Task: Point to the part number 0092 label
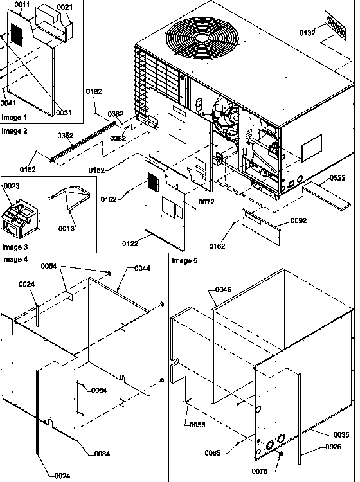(x=298, y=220)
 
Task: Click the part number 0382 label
(x=115, y=114)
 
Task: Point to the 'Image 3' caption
(x=14, y=247)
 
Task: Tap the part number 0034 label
(x=102, y=454)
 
